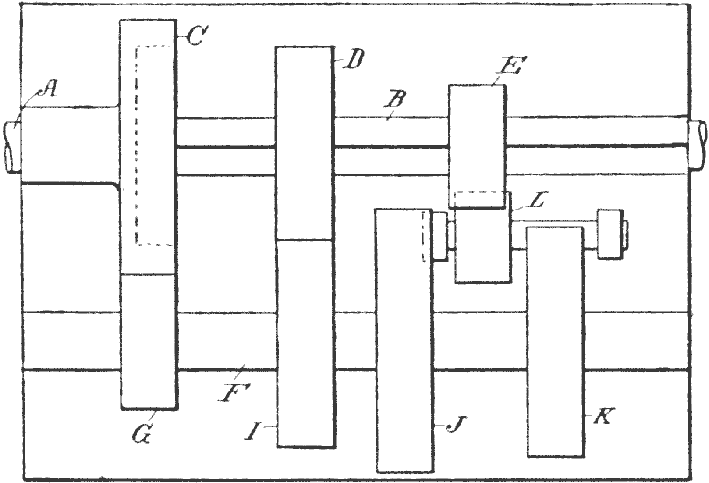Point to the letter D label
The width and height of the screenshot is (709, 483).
(x=353, y=60)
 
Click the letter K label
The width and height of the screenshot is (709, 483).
(x=605, y=417)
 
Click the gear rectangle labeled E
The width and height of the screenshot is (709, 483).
(x=477, y=140)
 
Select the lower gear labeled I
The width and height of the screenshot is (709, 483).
(x=305, y=342)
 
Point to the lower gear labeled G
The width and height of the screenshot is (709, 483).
(x=149, y=342)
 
